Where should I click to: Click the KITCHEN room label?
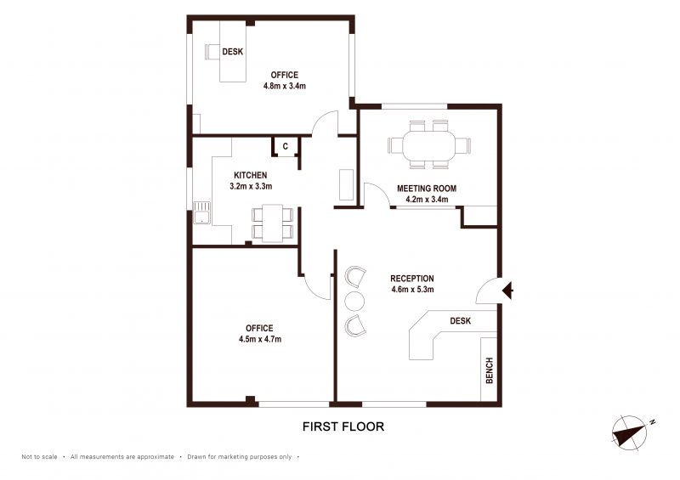click(x=250, y=175)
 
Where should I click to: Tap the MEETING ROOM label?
click(x=427, y=189)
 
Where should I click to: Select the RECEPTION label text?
click(x=412, y=279)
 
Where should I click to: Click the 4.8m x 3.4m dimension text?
click(x=285, y=86)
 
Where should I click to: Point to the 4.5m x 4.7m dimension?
click(x=260, y=339)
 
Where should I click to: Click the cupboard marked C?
click(x=286, y=147)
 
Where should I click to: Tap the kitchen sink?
click(x=201, y=212)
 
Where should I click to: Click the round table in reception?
click(x=354, y=301)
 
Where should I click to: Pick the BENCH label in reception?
click(x=490, y=370)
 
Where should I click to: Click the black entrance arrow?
click(x=507, y=290)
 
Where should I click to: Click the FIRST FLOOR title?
click(x=343, y=426)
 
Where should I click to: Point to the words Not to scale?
click(x=39, y=456)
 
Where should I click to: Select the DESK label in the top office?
click(x=232, y=52)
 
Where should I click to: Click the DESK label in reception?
click(x=460, y=321)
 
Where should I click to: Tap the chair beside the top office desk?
click(x=212, y=52)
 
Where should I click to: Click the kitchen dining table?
click(x=272, y=223)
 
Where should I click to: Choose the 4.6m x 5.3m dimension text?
click(x=412, y=289)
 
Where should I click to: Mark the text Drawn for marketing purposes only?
click(x=240, y=456)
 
